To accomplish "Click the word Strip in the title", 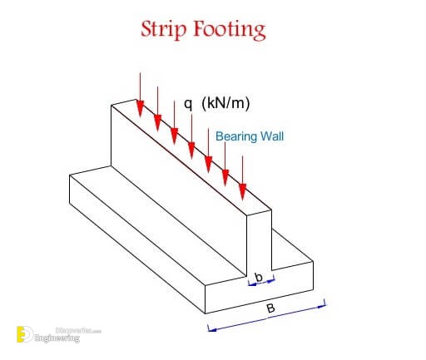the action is tap(163, 29).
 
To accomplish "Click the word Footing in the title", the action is tap(230, 30).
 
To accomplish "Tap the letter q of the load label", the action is tap(188, 104).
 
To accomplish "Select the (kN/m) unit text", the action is tap(225, 103).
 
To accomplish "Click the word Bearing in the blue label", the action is tap(236, 137).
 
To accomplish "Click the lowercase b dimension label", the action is tap(259, 277).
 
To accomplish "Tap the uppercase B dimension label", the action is tap(270, 308).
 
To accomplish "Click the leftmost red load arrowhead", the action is tap(141, 109).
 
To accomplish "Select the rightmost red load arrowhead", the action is tap(243, 192).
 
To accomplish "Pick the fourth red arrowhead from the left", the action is tap(191, 150).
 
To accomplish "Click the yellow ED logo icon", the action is tap(25, 334).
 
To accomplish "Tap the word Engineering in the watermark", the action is tap(57, 338).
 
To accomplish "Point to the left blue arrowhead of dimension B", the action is tap(212, 329).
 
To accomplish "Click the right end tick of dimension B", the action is tap(324, 302).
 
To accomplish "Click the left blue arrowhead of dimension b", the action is tap(251, 284).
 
